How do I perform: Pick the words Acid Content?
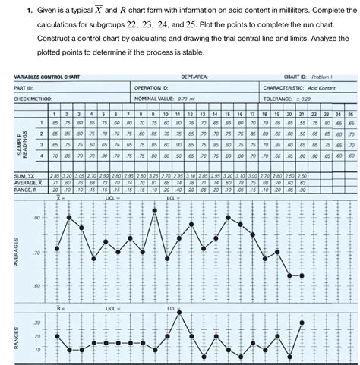pos(326,87)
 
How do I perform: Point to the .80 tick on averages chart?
pos(36,218)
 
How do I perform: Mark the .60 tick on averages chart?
pos(36,285)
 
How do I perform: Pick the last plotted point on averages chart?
pos(302,275)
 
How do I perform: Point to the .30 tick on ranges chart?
pos(36,323)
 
